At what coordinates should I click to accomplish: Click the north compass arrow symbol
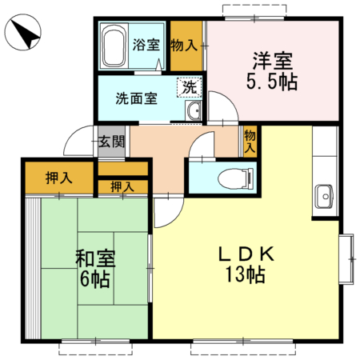click(x=24, y=34)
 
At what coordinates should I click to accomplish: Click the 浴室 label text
click(x=146, y=44)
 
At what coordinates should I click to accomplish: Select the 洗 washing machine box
click(x=189, y=86)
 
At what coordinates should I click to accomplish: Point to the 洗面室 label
click(x=136, y=99)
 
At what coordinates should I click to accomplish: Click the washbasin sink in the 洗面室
click(x=193, y=112)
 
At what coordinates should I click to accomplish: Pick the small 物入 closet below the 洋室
click(x=250, y=142)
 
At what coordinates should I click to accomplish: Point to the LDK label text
click(x=249, y=254)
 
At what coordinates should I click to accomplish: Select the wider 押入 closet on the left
click(x=58, y=178)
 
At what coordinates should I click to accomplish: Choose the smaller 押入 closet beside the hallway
click(x=122, y=186)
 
